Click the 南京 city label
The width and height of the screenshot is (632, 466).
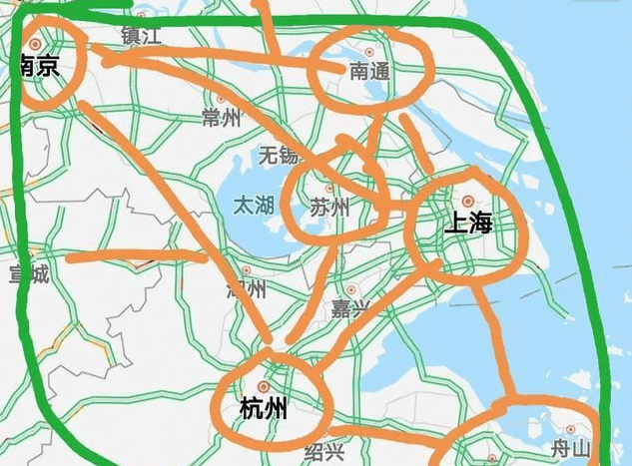click(x=39, y=67)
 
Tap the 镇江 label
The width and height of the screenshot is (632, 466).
click(x=140, y=35)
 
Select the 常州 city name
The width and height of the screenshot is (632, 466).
click(x=221, y=118)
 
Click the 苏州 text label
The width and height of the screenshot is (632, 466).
click(x=328, y=208)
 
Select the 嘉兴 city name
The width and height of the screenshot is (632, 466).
click(x=350, y=310)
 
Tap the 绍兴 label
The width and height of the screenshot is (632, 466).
click(x=323, y=452)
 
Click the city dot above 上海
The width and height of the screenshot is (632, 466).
click(x=466, y=202)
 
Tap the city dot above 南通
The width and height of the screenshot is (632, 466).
click(x=369, y=52)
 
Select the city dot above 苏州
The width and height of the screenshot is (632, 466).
click(x=328, y=187)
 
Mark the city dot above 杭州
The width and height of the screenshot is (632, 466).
click(x=263, y=385)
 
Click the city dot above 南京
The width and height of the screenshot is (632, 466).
click(x=37, y=44)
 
